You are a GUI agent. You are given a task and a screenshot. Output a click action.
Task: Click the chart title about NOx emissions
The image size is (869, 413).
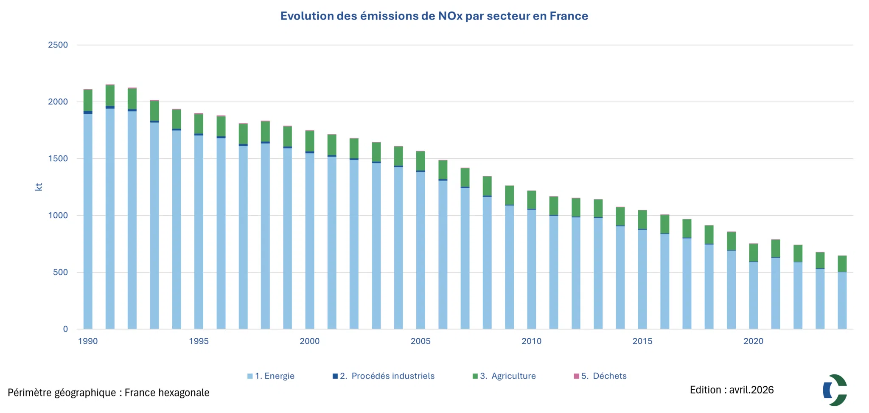pos(434,16)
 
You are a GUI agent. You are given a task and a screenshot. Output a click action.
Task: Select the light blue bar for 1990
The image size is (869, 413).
pos(88,221)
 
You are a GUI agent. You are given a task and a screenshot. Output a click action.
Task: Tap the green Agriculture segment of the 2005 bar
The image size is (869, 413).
pos(420,161)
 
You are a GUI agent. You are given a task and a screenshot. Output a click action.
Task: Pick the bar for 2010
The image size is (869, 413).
pos(531,260)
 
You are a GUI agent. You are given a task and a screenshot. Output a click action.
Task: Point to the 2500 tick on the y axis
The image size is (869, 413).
pos(58,45)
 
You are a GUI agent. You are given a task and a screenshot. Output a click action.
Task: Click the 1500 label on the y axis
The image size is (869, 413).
pos(58,159)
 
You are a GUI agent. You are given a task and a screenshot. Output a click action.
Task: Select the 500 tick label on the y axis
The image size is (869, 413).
pos(60,273)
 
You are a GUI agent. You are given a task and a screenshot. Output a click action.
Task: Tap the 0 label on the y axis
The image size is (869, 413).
pos(65,329)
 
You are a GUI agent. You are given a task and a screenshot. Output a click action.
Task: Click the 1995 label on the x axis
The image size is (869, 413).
pos(199,341)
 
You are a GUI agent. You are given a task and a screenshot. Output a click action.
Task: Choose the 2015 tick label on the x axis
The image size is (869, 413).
pos(642,341)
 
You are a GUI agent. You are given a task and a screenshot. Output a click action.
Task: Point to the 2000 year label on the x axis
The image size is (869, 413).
pos(310,341)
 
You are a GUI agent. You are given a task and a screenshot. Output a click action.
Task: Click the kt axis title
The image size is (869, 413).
pos(39,187)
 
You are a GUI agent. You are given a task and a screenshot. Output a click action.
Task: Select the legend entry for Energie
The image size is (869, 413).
pos(271,376)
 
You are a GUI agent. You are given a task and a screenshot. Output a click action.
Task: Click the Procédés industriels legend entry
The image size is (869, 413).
pos(384,376)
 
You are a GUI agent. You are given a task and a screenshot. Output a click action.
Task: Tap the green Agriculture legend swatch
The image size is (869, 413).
pos(475,376)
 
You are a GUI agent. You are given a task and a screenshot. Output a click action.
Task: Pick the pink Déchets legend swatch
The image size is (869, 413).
pos(576,376)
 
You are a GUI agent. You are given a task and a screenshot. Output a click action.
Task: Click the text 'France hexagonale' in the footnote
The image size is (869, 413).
pos(167,393)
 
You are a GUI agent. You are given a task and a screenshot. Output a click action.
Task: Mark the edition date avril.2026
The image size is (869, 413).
pos(751,390)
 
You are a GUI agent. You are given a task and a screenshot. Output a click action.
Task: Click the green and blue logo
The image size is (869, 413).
pos(835,390)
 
